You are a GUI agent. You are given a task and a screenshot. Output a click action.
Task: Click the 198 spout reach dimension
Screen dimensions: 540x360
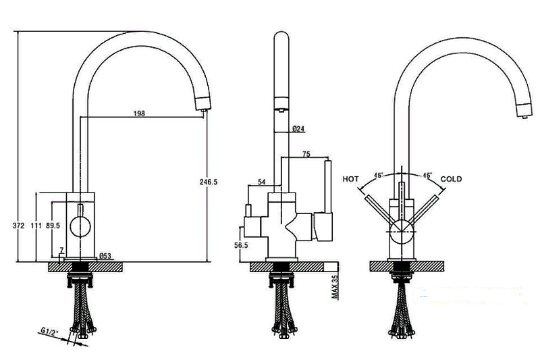pyautogui.click(x=139, y=113)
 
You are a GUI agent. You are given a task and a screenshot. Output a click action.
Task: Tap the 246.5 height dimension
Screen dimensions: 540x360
pyautogui.click(x=209, y=182)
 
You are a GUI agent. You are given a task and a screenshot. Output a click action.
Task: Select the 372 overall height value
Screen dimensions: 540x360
pyautogui.click(x=19, y=226)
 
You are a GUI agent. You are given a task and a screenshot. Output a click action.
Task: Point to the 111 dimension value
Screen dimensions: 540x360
pyautogui.click(x=36, y=226)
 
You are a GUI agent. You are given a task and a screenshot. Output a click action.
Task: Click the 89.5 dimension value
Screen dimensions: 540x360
pyautogui.click(x=53, y=226)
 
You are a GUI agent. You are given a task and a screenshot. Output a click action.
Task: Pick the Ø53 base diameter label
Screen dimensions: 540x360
pyautogui.click(x=105, y=256)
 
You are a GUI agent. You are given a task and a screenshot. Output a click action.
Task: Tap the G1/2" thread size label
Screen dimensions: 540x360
pyautogui.click(x=49, y=332)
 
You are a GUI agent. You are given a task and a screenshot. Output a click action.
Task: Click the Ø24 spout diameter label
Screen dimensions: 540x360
pyautogui.click(x=298, y=129)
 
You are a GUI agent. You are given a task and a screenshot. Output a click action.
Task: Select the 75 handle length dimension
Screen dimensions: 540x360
pyautogui.click(x=306, y=154)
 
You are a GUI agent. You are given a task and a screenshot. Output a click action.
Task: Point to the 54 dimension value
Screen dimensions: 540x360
pyautogui.click(x=262, y=182)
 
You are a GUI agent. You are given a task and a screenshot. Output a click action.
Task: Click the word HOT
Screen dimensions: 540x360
pyautogui.click(x=350, y=179)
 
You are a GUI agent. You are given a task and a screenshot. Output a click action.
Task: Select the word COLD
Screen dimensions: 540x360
pyautogui.click(x=451, y=179)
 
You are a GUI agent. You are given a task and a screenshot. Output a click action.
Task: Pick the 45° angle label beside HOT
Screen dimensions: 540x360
pyautogui.click(x=379, y=175)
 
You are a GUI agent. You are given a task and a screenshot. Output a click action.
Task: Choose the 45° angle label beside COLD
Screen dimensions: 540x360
pyautogui.click(x=427, y=175)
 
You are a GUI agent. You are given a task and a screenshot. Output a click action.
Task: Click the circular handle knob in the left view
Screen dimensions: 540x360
pyautogui.click(x=80, y=227)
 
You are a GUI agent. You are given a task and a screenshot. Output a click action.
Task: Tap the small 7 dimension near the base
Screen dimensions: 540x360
pyautogui.click(x=61, y=250)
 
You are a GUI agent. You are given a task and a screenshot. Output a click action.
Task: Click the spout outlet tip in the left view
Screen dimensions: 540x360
pyautogui.click(x=204, y=110)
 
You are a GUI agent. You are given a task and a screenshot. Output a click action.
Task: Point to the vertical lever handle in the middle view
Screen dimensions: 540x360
pyautogui.click(x=328, y=186)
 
